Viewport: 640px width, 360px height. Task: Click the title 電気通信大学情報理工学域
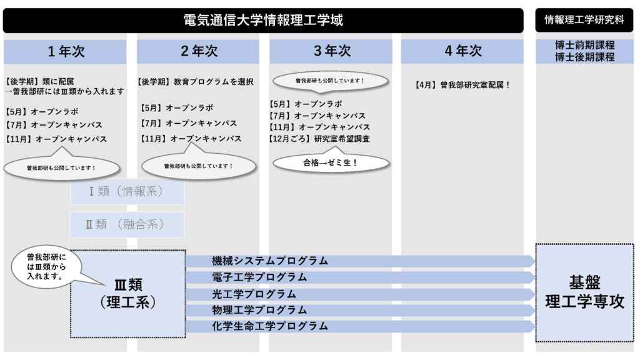click(x=263, y=20)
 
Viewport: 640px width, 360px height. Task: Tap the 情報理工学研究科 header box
click(x=584, y=20)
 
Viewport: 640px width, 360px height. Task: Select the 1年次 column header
click(x=66, y=52)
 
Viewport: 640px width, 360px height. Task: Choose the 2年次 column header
click(x=199, y=52)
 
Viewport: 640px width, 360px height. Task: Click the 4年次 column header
click(x=463, y=52)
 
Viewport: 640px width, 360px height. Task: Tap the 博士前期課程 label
click(x=584, y=46)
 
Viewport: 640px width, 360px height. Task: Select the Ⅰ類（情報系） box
click(x=127, y=192)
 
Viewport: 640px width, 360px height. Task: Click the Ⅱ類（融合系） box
click(x=127, y=224)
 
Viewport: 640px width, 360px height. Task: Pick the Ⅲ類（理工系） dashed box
click(x=127, y=294)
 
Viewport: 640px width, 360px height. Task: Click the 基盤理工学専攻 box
click(x=584, y=292)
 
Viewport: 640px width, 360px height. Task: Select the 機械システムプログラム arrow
click(x=360, y=261)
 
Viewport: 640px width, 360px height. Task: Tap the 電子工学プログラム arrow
click(x=360, y=277)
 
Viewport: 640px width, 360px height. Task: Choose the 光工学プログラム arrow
click(x=360, y=294)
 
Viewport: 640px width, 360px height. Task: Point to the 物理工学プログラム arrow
click(x=360, y=310)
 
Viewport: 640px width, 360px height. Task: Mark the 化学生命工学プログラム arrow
click(x=360, y=326)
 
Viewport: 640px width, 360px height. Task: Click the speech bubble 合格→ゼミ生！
click(x=331, y=162)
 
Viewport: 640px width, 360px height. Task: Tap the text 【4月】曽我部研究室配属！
click(x=463, y=85)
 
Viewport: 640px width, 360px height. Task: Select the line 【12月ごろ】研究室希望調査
click(x=319, y=139)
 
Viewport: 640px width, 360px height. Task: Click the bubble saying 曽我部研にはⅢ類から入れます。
click(x=46, y=267)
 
